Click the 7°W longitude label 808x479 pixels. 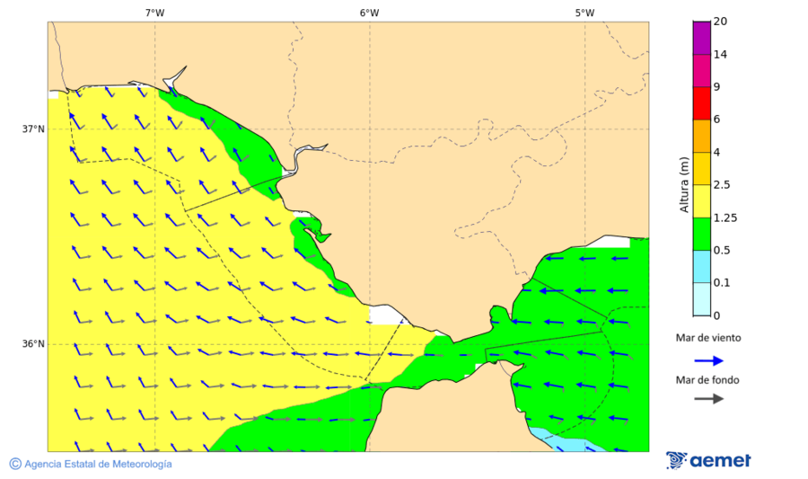point(154,13)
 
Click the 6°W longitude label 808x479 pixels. point(369,13)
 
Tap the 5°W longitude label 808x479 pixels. point(584,13)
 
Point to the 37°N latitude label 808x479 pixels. point(33,129)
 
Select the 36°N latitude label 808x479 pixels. point(33,344)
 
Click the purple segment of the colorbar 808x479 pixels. point(701,38)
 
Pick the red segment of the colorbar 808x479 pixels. point(701,102)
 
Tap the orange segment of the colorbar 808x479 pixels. point(701,135)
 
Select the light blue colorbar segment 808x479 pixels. point(701,266)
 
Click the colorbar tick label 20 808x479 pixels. point(720,22)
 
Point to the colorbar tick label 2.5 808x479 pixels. point(722,185)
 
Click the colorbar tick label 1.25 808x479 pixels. point(725,217)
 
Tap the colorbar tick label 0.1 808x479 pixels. point(722,283)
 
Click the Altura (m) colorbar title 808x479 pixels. point(684,185)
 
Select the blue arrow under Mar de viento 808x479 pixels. point(709,360)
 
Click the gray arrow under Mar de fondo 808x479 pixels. point(709,398)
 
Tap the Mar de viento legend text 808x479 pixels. point(708,338)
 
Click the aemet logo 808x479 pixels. point(708,460)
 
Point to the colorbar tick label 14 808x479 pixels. point(720,54)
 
